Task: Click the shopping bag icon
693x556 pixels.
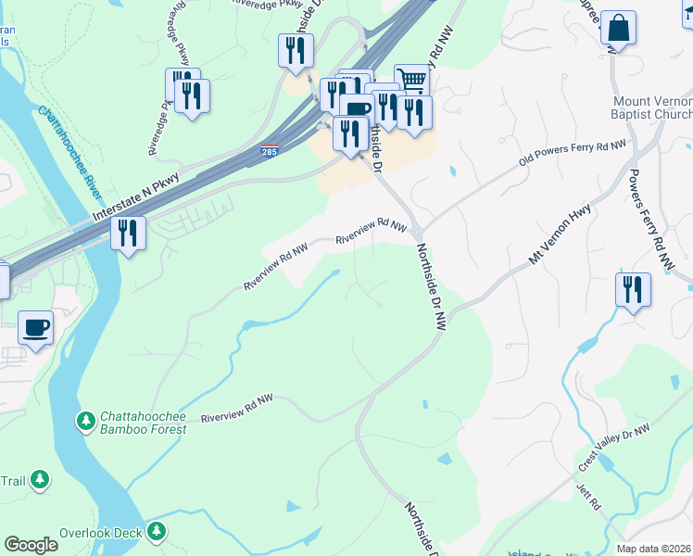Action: tap(618, 29)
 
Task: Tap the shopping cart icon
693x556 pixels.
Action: tap(410, 81)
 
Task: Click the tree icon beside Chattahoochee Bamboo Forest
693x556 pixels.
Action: tap(86, 422)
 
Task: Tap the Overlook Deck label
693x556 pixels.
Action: tap(99, 533)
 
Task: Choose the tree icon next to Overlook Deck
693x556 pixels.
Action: tap(157, 531)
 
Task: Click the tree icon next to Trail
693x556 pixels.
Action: tap(40, 479)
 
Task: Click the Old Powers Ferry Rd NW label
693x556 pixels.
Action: tap(573, 157)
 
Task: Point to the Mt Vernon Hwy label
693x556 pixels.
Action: tap(560, 236)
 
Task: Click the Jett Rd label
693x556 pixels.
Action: tap(588, 495)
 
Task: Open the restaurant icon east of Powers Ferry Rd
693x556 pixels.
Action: tap(634, 289)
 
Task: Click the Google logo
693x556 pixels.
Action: tap(31, 545)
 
